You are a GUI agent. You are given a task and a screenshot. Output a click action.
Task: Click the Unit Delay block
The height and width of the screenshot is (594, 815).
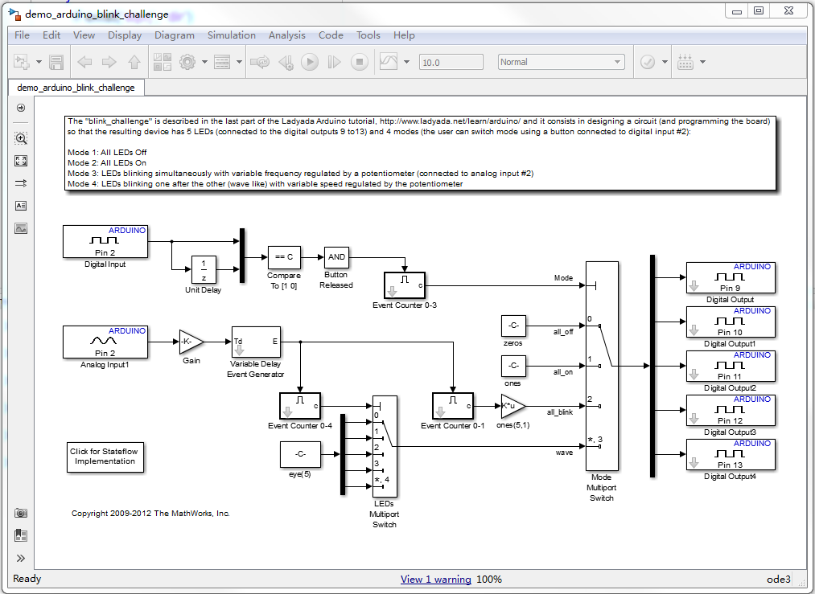pyautogui.click(x=204, y=270)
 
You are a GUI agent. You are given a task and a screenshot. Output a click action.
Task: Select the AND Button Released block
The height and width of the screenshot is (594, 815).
pyautogui.click(x=336, y=257)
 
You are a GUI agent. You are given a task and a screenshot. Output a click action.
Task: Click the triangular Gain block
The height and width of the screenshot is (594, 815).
pyautogui.click(x=190, y=342)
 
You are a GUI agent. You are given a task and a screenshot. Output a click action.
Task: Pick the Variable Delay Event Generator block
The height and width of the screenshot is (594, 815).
pyautogui.click(x=256, y=346)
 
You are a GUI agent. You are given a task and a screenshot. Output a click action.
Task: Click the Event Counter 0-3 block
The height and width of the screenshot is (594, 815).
pyautogui.click(x=405, y=285)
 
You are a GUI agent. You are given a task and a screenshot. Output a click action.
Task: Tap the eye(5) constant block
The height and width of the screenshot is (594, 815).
pyautogui.click(x=299, y=454)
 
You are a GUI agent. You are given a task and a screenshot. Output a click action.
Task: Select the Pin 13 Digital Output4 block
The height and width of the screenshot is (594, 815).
pyautogui.click(x=731, y=454)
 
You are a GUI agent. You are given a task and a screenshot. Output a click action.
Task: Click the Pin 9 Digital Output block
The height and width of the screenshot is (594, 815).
pyautogui.click(x=731, y=277)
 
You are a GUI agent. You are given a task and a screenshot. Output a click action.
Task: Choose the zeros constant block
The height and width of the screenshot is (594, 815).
pyautogui.click(x=512, y=326)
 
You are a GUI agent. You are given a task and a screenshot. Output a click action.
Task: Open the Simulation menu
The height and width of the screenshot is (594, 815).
pyautogui.click(x=231, y=35)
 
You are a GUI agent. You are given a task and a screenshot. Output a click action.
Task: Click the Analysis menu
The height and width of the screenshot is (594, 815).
pyautogui.click(x=287, y=35)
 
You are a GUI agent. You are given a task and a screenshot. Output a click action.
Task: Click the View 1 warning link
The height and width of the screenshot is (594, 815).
pyautogui.click(x=435, y=580)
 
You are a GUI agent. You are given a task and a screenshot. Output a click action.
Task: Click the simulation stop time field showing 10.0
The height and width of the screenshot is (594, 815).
pyautogui.click(x=451, y=62)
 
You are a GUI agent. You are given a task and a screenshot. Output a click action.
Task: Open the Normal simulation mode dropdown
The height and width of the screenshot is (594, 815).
pyautogui.click(x=560, y=62)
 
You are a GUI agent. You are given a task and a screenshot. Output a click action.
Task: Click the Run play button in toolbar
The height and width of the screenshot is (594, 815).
pyautogui.click(x=310, y=62)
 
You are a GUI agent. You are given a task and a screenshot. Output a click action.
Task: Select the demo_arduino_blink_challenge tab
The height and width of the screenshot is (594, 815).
pyautogui.click(x=76, y=87)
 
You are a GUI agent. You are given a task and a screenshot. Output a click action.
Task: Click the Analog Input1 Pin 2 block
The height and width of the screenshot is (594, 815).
pyautogui.click(x=105, y=342)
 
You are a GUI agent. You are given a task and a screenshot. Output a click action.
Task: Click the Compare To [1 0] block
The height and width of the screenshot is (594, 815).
pyautogui.click(x=283, y=257)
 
